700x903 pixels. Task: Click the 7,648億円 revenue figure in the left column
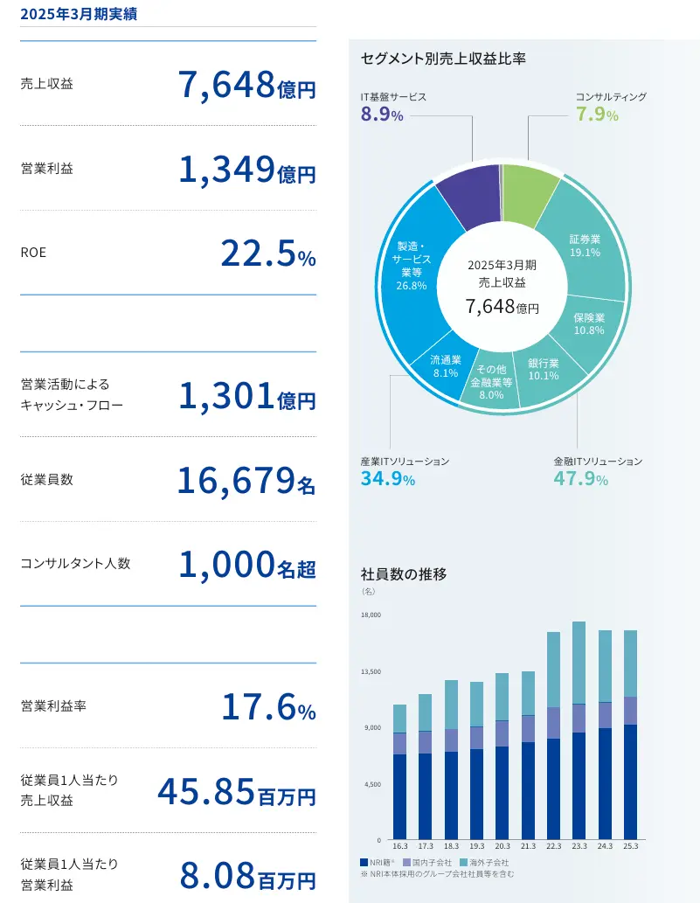247,86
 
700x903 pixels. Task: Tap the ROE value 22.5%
268,254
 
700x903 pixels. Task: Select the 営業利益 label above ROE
47,168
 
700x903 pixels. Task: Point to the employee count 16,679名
246,482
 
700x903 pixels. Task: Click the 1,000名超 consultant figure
247,565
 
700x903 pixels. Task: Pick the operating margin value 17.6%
269,707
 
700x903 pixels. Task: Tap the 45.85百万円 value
237,793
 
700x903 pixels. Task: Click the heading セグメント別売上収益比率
443,59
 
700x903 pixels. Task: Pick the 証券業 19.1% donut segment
584,246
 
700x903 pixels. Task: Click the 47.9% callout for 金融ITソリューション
581,478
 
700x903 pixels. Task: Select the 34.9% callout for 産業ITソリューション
388,478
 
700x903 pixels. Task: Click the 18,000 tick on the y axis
371,615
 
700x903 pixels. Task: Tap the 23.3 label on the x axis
579,846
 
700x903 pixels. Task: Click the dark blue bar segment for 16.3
400,796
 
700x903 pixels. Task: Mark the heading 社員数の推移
404,574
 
